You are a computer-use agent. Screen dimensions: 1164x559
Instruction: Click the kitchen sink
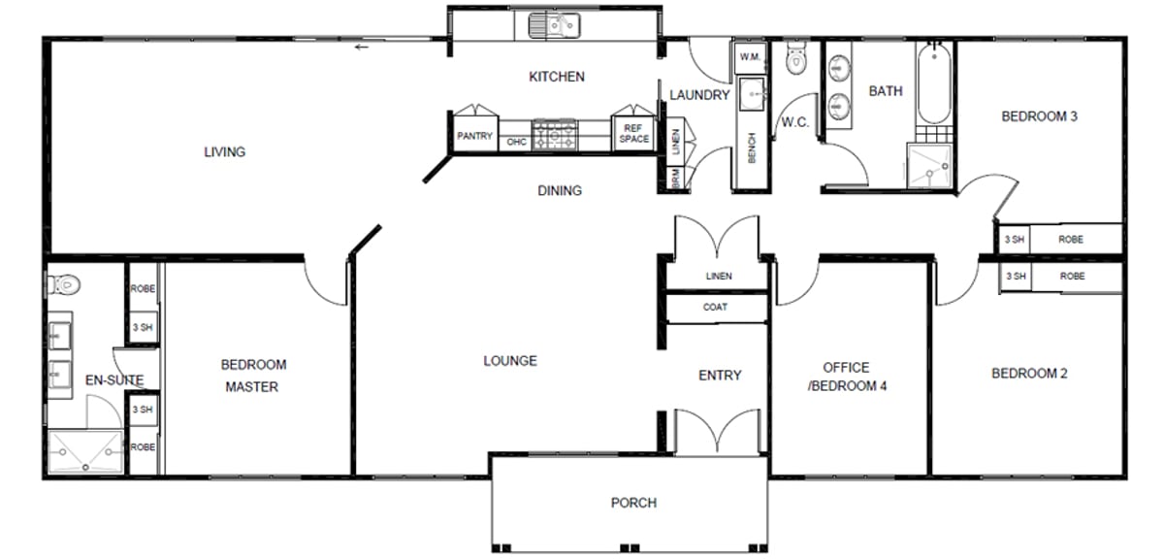tap(554, 26)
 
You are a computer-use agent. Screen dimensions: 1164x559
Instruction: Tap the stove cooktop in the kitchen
tap(555, 135)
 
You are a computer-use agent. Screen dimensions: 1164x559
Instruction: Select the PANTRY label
tap(474, 136)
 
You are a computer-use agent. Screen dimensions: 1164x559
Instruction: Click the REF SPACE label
tap(634, 133)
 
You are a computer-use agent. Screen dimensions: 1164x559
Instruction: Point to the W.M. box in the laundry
tap(750, 57)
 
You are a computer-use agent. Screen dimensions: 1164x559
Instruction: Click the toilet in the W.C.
tap(795, 57)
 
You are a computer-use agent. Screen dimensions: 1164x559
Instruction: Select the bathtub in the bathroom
tap(934, 83)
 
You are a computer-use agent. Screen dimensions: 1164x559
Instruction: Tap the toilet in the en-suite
tap(63, 284)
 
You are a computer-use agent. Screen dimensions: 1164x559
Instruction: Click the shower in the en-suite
tap(85, 451)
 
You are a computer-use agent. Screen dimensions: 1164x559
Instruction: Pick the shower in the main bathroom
tap(929, 165)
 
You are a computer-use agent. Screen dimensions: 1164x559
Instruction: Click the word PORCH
tap(633, 503)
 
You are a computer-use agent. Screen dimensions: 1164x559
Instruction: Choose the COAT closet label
tap(715, 308)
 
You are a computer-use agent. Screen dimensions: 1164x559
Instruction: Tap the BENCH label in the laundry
tap(752, 148)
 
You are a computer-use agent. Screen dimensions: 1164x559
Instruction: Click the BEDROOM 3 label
tap(1039, 116)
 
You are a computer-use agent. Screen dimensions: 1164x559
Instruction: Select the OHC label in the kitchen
tap(516, 142)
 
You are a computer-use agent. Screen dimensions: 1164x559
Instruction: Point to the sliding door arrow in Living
tap(362, 48)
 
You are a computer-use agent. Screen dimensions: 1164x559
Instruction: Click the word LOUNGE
tap(510, 361)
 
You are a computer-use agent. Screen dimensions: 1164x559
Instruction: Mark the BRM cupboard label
tap(675, 178)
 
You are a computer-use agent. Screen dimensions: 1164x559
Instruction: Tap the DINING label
tap(560, 191)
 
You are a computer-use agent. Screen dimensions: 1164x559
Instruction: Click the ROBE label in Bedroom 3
tap(1071, 240)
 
